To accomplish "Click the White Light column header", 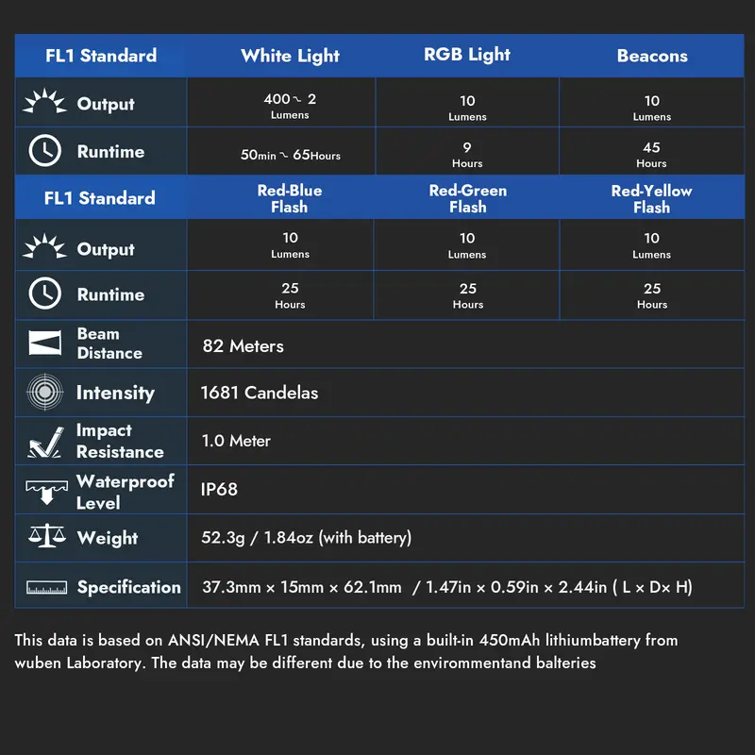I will (x=290, y=56).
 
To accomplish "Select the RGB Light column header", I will (x=467, y=55).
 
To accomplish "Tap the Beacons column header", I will (x=652, y=56).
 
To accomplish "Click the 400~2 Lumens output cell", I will (x=290, y=105).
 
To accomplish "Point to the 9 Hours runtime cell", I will (x=467, y=154).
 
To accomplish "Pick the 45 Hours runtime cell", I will (x=652, y=154).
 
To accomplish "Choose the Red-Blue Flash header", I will (x=290, y=198).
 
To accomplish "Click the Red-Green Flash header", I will (x=467, y=198).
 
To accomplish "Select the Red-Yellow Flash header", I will (x=652, y=198).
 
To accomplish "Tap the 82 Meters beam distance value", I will (x=243, y=346).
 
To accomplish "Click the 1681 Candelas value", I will (x=260, y=393).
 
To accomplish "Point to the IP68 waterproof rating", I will (x=220, y=490).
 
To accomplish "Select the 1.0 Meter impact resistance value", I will (x=236, y=441).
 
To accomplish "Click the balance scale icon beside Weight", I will (x=44, y=538).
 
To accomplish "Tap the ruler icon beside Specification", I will (x=44, y=587).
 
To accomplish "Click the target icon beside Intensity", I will (x=44, y=393).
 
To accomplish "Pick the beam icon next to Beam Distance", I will (x=44, y=344).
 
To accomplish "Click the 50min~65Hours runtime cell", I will (x=290, y=155).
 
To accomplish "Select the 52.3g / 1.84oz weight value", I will (x=307, y=538).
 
